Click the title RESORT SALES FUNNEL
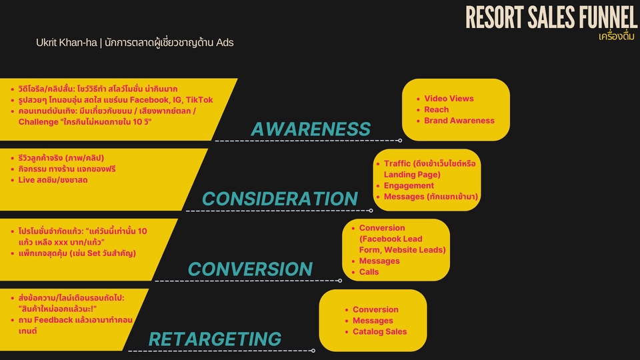coord(551,17)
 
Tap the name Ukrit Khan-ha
coord(67,43)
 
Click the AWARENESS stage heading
coord(311,129)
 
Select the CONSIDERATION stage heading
coord(280,199)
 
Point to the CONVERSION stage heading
coord(250,269)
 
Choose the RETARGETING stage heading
coord(215,339)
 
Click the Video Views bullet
coord(449,99)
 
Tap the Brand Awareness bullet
coord(459,121)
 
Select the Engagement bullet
coord(409,186)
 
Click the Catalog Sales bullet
coord(379,331)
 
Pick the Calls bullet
coord(369,272)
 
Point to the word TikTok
coord(199,100)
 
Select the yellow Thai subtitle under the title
coord(616,37)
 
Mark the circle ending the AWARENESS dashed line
coord(400,141)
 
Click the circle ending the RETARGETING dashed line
coord(313,351)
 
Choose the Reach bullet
coord(436,109)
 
